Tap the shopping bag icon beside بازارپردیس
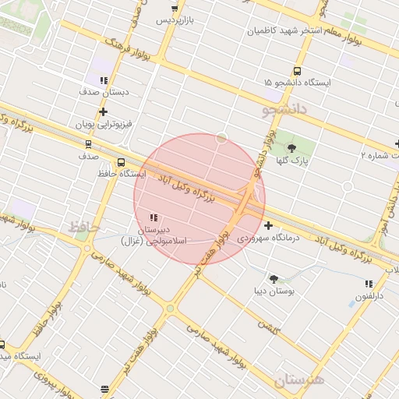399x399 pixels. coord(175,9)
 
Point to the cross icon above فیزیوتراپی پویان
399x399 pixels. coord(103,111)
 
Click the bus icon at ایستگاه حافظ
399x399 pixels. coord(120,162)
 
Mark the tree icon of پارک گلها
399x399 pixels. coord(292,147)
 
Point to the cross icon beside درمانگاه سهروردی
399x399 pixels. coord(269,225)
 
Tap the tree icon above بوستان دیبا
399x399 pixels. coord(274,278)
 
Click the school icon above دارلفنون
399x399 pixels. coord(369,284)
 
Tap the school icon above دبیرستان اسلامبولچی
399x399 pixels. coord(152,217)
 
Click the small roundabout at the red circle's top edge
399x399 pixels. coord(222,138)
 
